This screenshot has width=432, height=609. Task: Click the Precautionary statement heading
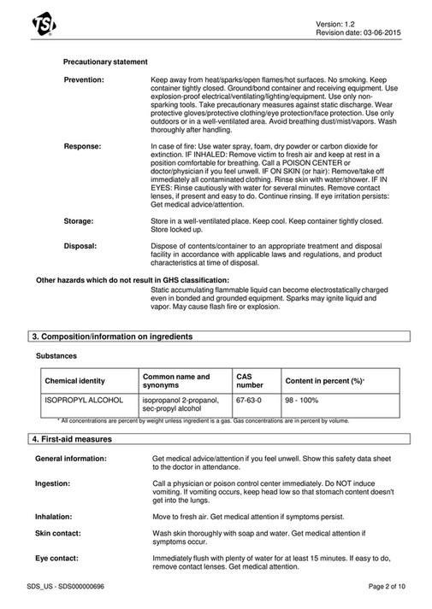(x=105, y=61)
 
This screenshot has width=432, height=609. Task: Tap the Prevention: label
(x=84, y=79)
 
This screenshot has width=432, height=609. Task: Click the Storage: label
(x=79, y=220)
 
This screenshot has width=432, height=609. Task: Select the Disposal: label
(x=80, y=245)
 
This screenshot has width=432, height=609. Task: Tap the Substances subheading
(x=56, y=354)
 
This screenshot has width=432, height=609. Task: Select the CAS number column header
(x=250, y=380)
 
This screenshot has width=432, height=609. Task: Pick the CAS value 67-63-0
(x=249, y=400)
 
